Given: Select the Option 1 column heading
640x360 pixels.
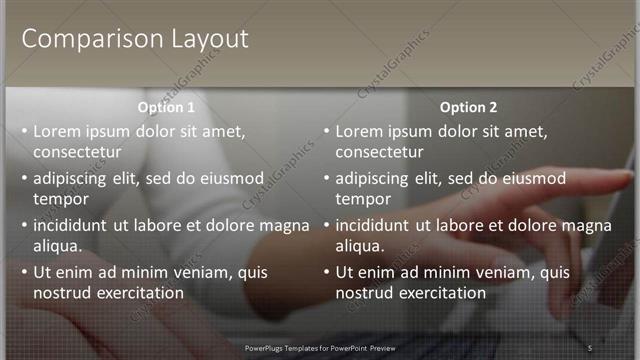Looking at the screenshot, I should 166,107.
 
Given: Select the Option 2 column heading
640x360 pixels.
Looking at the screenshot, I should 468,107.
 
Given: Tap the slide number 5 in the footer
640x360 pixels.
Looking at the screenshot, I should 590,347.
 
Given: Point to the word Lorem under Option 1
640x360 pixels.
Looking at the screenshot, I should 57,131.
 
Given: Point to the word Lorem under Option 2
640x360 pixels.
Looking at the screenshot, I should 359,131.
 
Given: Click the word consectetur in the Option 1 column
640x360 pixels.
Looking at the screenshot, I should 77,153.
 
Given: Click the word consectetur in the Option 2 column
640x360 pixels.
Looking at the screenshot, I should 379,153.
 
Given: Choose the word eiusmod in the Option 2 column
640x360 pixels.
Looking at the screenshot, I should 532,179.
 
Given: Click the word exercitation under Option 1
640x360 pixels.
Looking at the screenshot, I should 141,293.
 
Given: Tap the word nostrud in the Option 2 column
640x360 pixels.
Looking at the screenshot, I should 363,293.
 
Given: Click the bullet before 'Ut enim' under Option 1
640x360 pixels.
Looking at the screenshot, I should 24,272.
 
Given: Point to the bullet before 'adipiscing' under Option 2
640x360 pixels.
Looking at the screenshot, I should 326,179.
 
